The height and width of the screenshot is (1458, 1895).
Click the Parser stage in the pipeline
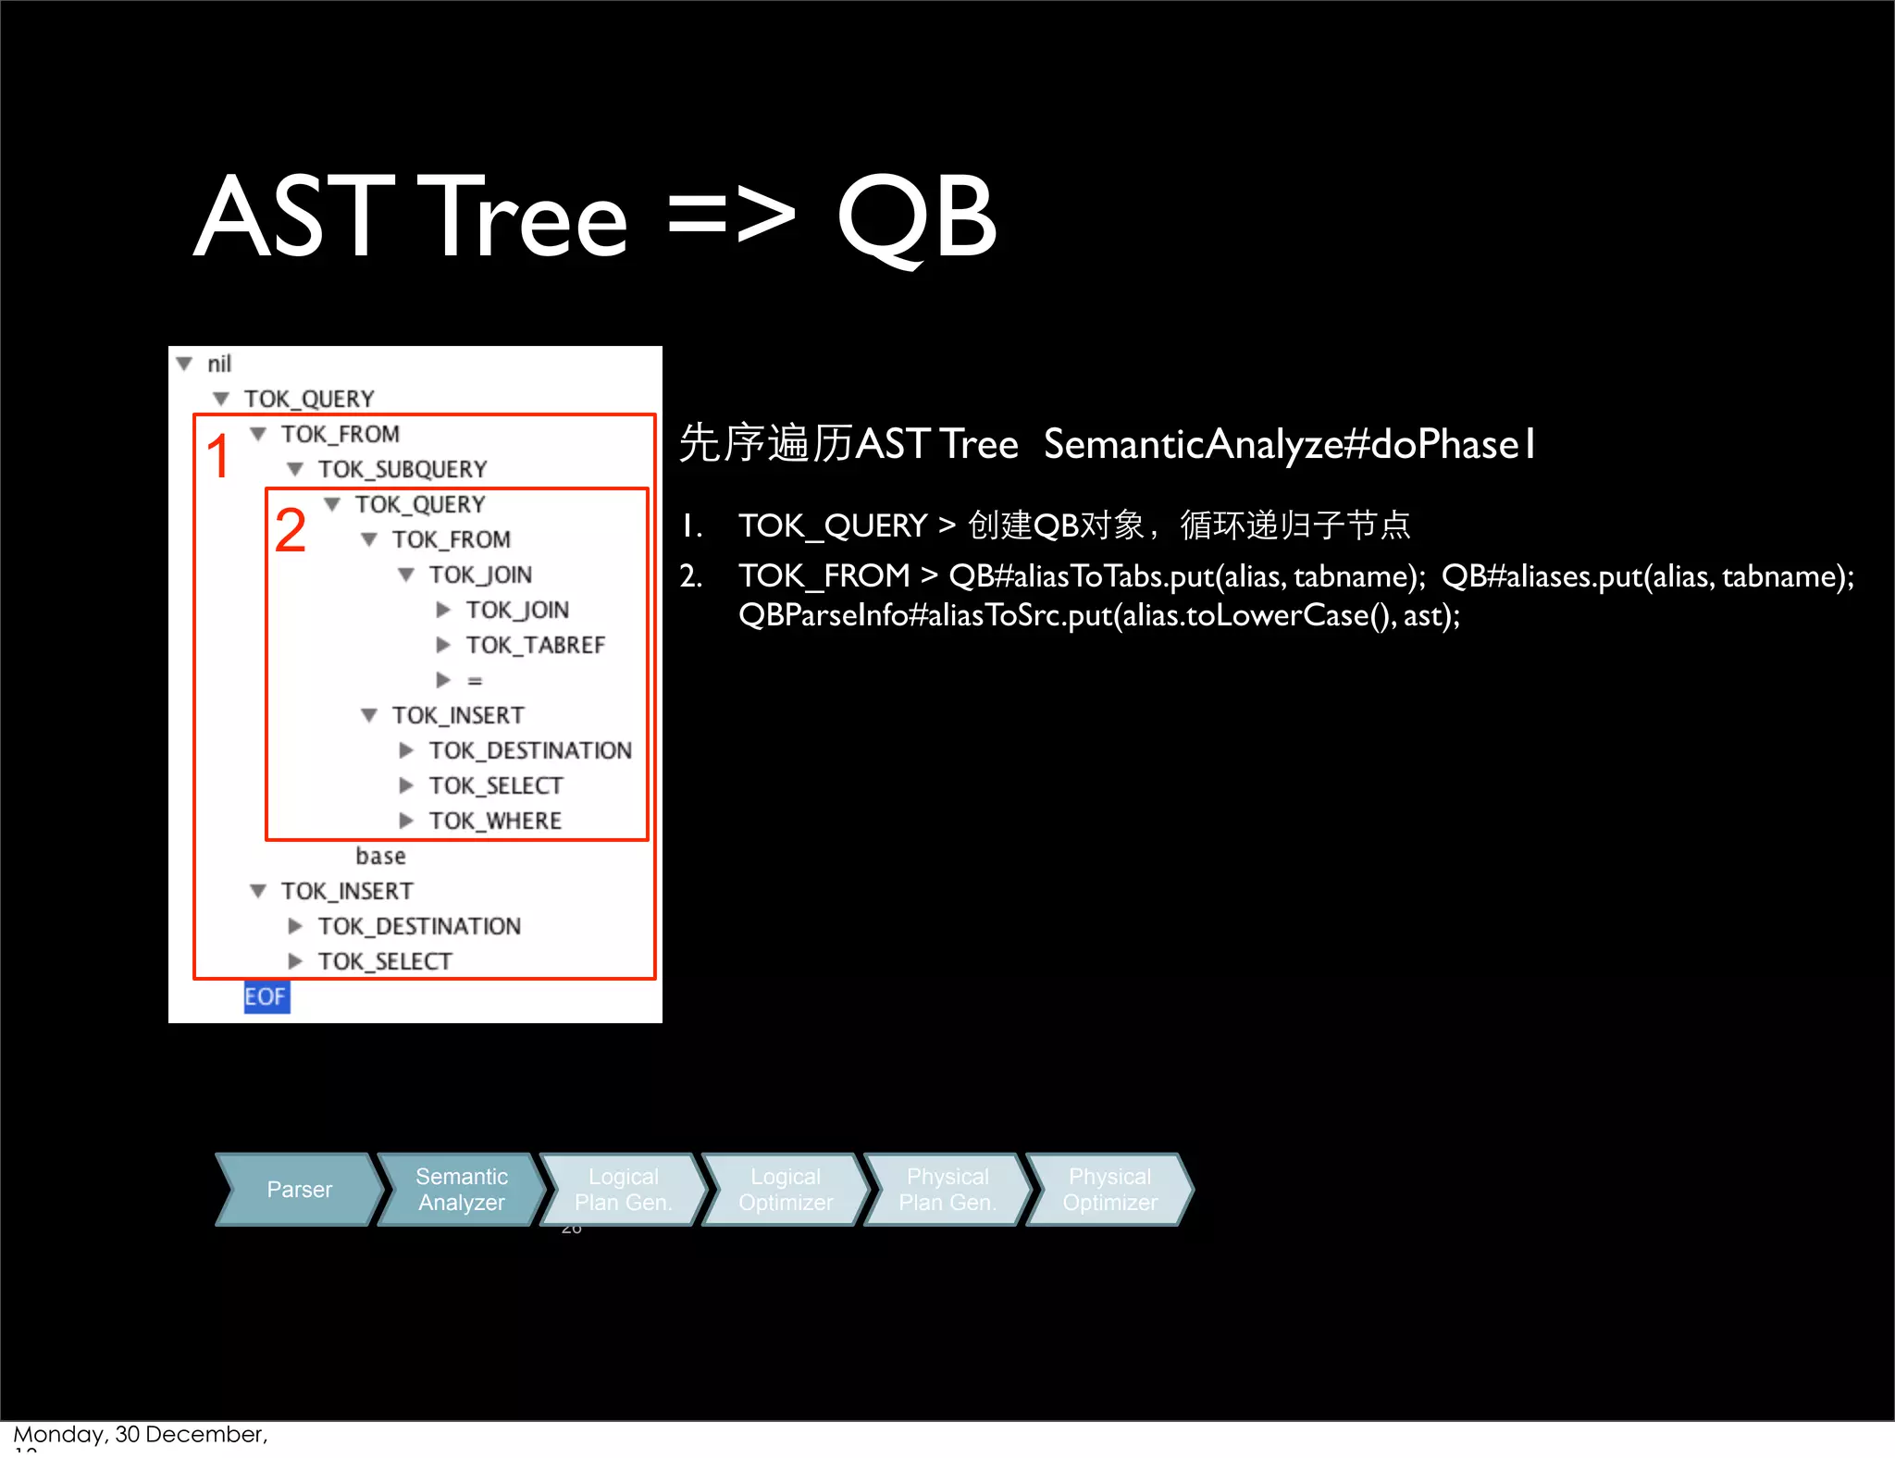(x=299, y=1190)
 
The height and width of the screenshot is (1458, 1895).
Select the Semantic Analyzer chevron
(x=461, y=1190)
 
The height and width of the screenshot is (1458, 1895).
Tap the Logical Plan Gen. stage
(x=623, y=1190)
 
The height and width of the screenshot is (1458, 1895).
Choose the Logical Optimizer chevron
(x=786, y=1190)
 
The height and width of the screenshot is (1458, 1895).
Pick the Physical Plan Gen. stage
(x=947, y=1190)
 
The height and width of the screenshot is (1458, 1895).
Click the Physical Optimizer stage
(x=1109, y=1190)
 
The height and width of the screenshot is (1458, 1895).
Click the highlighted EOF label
(x=266, y=996)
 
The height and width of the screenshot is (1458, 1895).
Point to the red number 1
(x=218, y=456)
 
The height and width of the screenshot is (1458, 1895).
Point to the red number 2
(x=290, y=530)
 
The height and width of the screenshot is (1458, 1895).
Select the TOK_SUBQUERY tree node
(x=403, y=469)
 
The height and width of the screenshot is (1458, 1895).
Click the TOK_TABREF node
(x=535, y=645)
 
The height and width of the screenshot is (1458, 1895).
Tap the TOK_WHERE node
(x=495, y=821)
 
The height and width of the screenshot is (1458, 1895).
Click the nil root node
(x=219, y=364)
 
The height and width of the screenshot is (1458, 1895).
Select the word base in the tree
(x=380, y=856)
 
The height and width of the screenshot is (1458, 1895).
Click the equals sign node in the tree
(x=475, y=681)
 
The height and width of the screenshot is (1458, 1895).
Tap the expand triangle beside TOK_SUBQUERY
(x=295, y=469)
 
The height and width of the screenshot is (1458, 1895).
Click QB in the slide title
(x=916, y=218)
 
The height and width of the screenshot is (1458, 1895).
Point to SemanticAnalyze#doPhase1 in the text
(x=1289, y=444)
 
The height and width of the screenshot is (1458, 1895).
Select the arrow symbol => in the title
(x=731, y=218)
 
